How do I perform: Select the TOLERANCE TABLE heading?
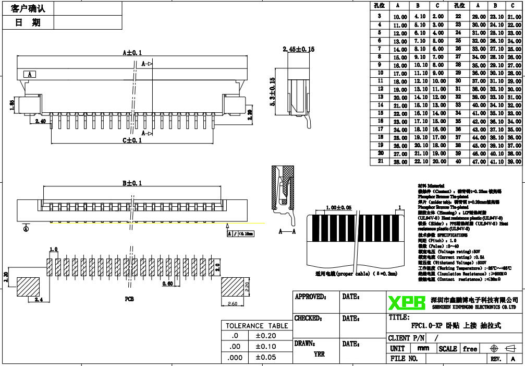pos(257,326)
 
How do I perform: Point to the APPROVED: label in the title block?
pos(311,297)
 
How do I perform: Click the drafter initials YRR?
pos(319,354)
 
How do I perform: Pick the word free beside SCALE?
pos(470,348)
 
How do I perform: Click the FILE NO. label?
pos(404,359)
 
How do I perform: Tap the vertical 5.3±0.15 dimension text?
pos(272,92)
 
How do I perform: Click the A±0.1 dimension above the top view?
pos(132,53)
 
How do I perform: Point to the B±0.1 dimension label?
pos(132,183)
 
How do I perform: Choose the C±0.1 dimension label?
pos(132,140)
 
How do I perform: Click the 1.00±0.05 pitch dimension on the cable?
pos(337,207)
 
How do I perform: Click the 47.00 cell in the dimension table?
pos(479,162)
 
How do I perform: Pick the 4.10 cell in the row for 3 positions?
pos(420,17)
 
